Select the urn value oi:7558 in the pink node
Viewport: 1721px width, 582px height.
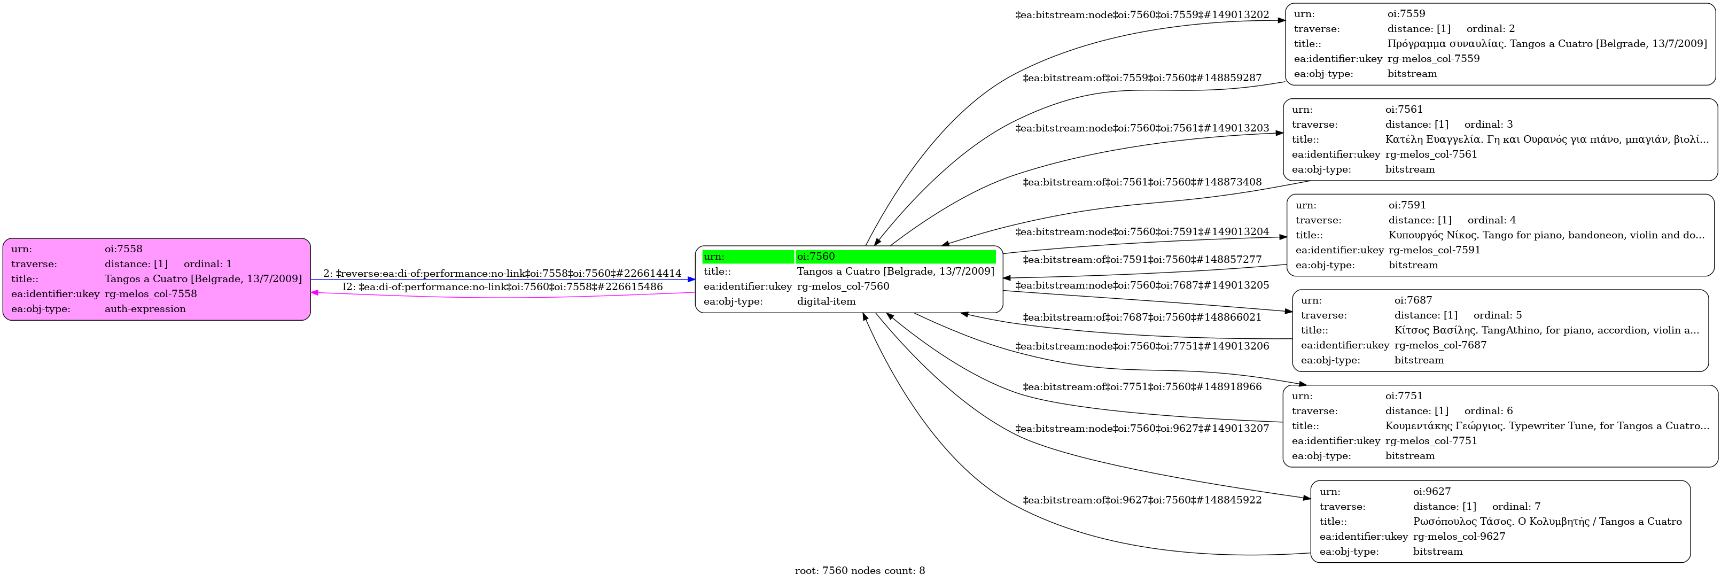[123, 249]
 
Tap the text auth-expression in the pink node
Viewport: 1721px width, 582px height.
[145, 309]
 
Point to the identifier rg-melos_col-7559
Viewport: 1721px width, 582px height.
[1433, 59]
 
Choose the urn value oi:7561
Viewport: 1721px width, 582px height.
[1404, 109]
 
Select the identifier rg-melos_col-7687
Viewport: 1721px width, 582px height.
[1440, 345]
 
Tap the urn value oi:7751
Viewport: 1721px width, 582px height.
[1404, 395]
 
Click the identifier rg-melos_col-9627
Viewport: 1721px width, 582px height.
[1459, 536]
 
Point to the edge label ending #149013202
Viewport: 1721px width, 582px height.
[1142, 15]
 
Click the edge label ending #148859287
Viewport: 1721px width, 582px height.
[1142, 77]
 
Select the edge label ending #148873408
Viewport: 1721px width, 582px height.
[1142, 182]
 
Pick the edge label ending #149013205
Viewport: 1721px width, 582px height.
[1142, 285]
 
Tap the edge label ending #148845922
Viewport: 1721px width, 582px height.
[1142, 500]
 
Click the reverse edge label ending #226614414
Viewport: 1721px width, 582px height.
[502, 273]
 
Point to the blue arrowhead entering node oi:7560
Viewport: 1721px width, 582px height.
[691, 280]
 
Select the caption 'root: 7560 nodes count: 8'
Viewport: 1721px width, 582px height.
[860, 571]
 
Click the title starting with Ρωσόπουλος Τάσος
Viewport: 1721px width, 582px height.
[1547, 521]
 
